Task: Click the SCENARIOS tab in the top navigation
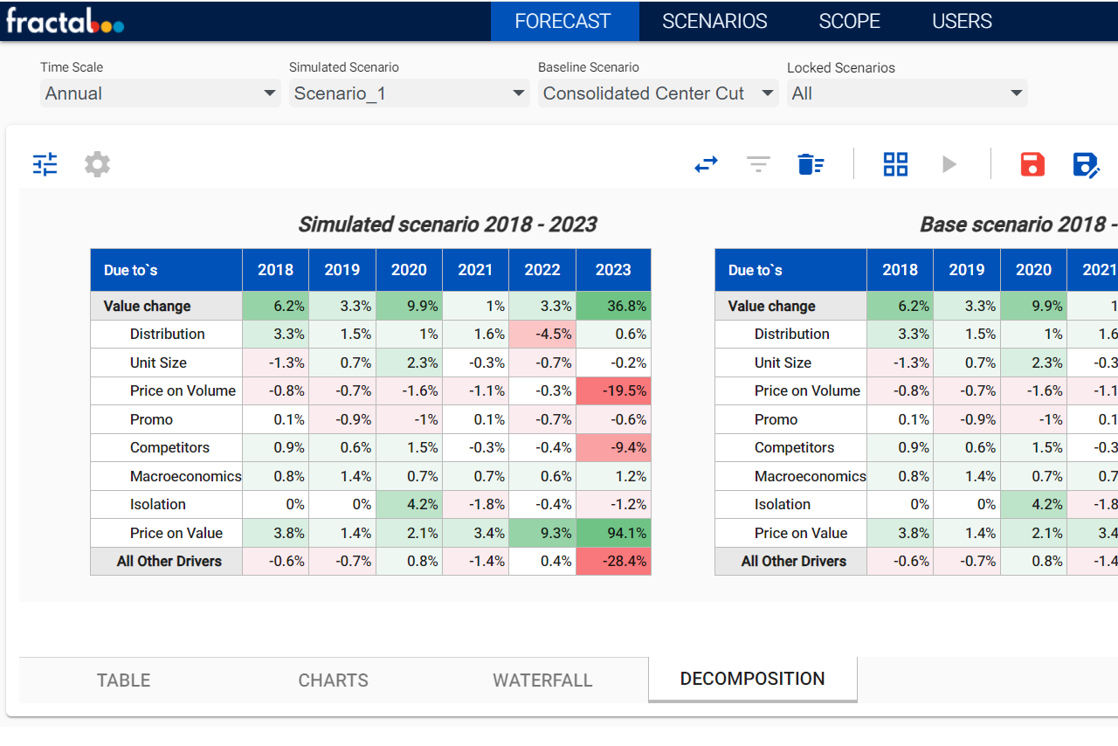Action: click(714, 21)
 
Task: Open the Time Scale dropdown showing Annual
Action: click(161, 93)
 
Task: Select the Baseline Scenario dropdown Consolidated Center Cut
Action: click(658, 93)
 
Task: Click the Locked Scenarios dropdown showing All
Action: click(907, 93)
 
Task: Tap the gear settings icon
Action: click(97, 164)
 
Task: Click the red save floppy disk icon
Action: click(1032, 164)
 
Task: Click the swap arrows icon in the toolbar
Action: click(706, 164)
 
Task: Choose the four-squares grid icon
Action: click(895, 164)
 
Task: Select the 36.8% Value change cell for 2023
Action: click(613, 306)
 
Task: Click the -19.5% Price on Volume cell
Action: click(613, 390)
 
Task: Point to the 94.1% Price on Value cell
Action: click(613, 533)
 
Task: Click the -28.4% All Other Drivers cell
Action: click(613, 561)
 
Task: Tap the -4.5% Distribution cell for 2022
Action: click(542, 334)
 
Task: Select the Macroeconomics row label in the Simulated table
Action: click(185, 476)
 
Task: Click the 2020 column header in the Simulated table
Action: click(409, 270)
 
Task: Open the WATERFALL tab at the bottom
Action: click(542, 680)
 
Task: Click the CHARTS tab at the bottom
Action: click(334, 680)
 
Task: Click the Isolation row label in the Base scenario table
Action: click(783, 504)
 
